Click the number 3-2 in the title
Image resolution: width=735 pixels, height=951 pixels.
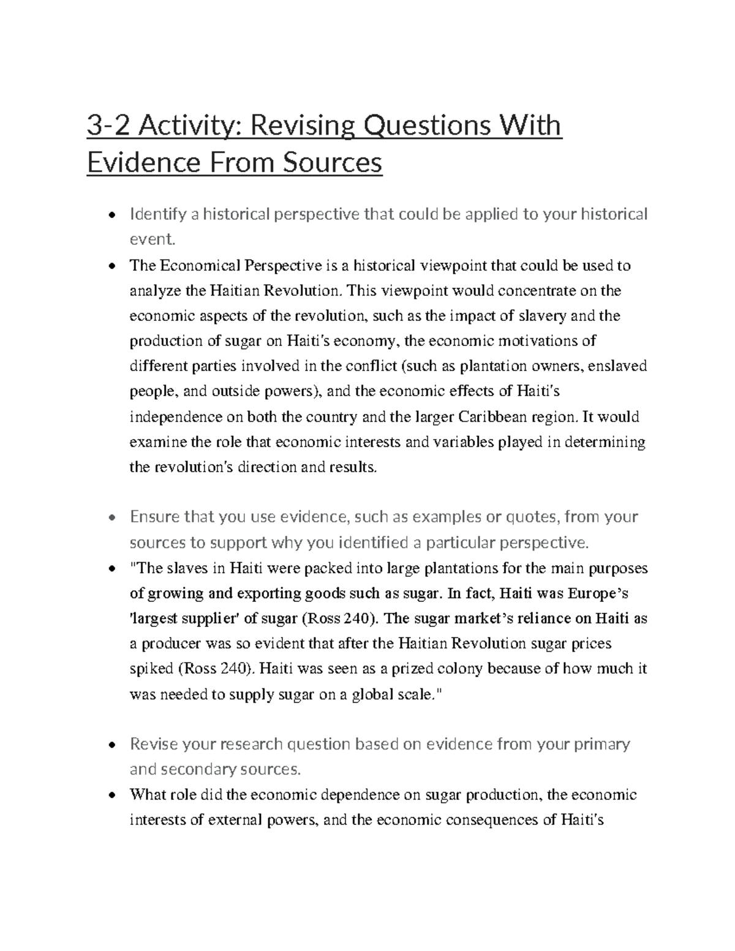click(x=109, y=126)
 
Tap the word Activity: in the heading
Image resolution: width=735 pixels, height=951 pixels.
click(x=187, y=126)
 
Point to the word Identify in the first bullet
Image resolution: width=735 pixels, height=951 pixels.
click(x=158, y=214)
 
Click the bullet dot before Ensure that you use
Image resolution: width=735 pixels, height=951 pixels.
click(x=110, y=517)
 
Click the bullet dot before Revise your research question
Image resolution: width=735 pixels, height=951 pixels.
click(x=110, y=745)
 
